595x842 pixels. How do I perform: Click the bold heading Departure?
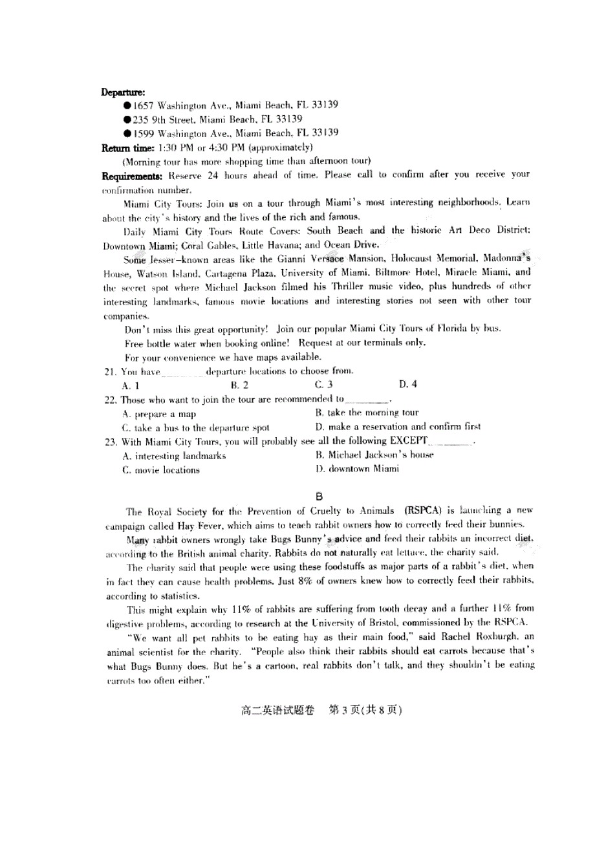coord(123,92)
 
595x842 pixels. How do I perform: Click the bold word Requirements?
coord(133,175)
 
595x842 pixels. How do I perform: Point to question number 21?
coord(110,372)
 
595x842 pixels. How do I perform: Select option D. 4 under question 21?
coord(408,385)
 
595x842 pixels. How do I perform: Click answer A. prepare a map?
coord(158,414)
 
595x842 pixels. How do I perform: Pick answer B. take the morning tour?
coord(367,413)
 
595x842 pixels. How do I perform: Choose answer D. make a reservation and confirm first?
coord(398,427)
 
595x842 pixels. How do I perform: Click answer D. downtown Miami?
coord(357,469)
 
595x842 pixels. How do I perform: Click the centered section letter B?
coord(318,497)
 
